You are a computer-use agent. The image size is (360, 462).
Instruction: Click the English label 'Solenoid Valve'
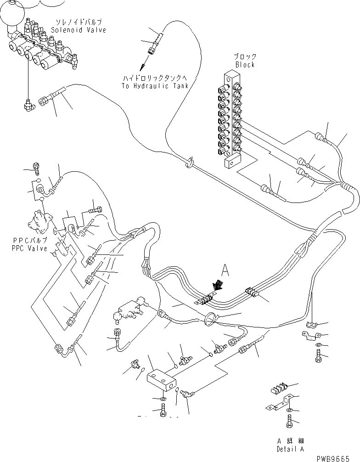(x=79, y=30)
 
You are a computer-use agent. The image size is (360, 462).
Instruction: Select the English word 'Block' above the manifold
(x=245, y=65)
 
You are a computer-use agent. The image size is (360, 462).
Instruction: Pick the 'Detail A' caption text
(x=290, y=449)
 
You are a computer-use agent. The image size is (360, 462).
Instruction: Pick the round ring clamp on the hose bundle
(x=211, y=320)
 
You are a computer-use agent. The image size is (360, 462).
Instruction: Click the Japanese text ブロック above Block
(x=245, y=57)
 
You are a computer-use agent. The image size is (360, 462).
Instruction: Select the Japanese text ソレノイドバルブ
(x=79, y=22)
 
